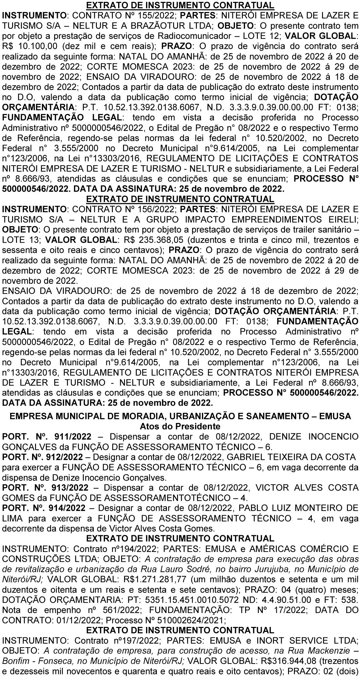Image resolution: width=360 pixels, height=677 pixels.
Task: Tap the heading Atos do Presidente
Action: pyautogui.click(x=180, y=426)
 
